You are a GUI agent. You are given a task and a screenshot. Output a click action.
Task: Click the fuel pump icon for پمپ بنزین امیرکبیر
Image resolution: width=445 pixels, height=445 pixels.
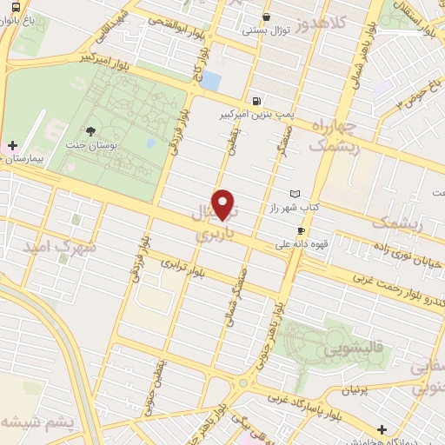[x=256, y=100]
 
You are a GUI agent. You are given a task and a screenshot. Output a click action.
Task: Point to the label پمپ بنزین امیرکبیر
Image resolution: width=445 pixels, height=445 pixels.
[x=260, y=113]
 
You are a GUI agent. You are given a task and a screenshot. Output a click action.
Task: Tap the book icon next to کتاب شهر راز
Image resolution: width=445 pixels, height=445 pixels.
[x=295, y=194]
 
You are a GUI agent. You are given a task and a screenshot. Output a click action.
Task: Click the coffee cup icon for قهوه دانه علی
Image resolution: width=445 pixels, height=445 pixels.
[x=302, y=230]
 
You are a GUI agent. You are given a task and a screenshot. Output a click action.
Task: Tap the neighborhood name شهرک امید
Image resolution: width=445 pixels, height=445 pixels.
[x=63, y=249]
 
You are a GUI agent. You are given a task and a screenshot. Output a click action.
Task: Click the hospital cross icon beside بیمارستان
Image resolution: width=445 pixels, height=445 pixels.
[x=12, y=144]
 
